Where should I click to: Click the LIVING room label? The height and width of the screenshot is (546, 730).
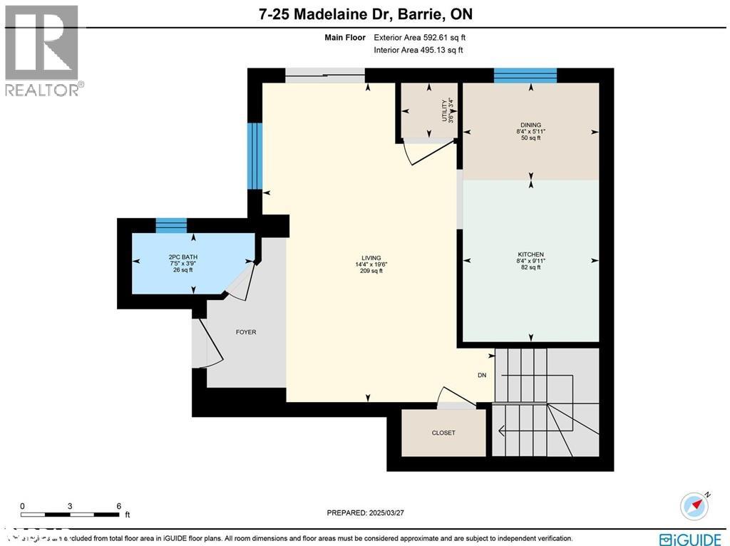pos(371,258)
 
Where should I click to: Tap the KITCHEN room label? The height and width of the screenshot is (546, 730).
pos(530,254)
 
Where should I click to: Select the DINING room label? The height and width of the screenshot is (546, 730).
pos(530,125)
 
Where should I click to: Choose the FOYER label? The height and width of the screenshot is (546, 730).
pos(246,332)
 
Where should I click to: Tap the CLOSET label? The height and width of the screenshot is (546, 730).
pos(443,433)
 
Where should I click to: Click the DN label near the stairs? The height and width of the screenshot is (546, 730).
pos(482,376)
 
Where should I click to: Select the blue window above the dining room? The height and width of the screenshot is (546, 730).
pos(525,76)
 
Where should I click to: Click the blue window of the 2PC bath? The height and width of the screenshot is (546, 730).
pos(171,226)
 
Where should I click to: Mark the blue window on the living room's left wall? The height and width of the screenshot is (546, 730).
pos(255,156)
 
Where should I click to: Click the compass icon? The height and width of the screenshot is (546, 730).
pos(694,505)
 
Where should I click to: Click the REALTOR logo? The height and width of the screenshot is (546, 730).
pos(42,50)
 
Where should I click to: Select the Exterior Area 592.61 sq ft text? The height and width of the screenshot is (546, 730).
pos(420,38)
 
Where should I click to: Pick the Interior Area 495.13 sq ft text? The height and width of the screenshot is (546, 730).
pos(418,50)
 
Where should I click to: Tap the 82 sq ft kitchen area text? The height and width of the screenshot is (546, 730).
pos(530,267)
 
